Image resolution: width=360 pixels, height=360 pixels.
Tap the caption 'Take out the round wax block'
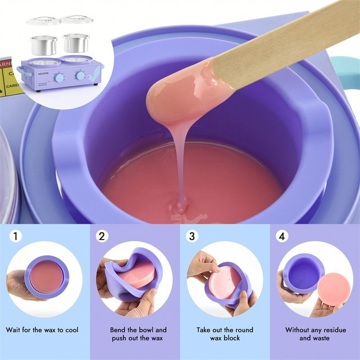[225, 333]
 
